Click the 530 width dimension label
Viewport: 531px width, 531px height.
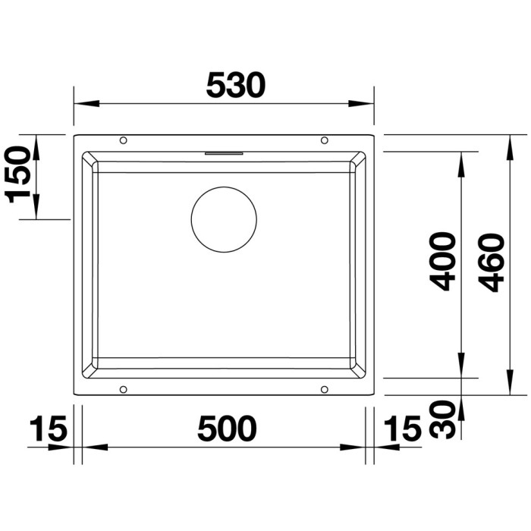(235, 85)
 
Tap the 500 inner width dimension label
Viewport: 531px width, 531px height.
(227, 429)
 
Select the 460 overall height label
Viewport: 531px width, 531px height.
(491, 262)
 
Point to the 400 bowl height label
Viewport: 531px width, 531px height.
(442, 262)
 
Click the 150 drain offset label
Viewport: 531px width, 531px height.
(17, 174)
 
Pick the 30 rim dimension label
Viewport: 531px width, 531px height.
(442, 419)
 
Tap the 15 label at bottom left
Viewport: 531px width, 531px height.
(48, 429)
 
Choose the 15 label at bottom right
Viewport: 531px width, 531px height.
(403, 429)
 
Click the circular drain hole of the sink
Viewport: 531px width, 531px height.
(224, 187)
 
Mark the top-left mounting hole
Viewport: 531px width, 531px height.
(123, 140)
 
